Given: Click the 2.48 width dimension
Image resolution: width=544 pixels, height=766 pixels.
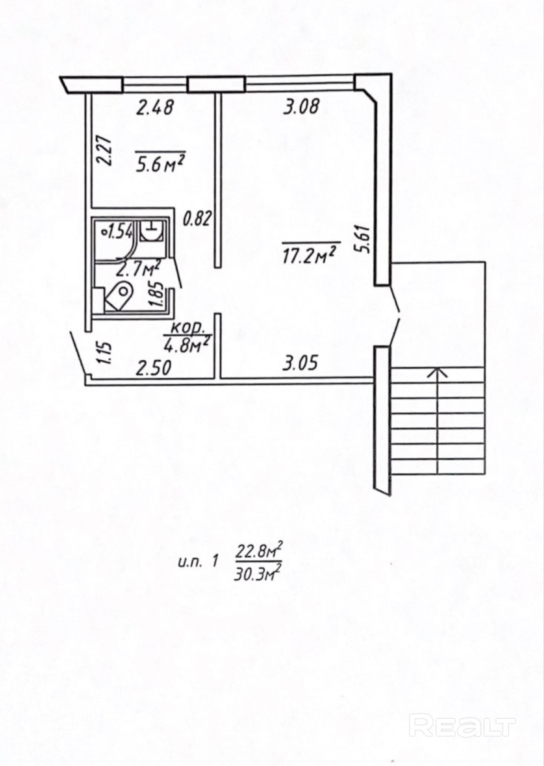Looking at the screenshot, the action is coord(155,108).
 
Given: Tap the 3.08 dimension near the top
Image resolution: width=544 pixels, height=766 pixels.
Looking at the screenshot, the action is coord(301,106).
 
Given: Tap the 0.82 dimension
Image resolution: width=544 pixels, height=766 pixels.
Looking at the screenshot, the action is coord(197,219).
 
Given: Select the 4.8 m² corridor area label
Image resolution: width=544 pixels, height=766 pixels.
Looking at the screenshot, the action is coord(186,344).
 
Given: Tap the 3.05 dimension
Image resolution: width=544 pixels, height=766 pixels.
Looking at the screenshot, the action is coord(300,362).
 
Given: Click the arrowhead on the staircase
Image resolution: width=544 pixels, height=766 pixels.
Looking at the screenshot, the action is coord(438,372).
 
